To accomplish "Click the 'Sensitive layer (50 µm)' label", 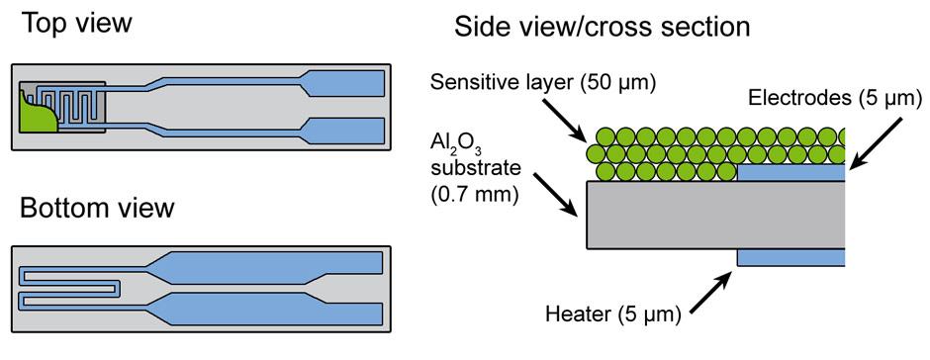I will pos(543,82).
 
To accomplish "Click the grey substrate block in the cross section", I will pos(712,215).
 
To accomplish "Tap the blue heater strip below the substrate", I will pos(790,257).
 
